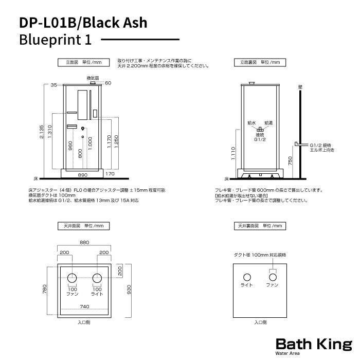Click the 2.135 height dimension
coord(41,132)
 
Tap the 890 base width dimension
coord(82,175)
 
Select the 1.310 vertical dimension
coord(49,132)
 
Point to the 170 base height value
coord(110,174)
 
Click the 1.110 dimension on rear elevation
coord(233,153)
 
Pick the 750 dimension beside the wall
coord(290,160)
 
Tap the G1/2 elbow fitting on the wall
coord(301,144)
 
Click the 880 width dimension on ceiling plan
coord(84,242)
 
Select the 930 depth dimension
coord(129,290)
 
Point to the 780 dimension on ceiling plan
coord(44,289)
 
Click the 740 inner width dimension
coord(84,307)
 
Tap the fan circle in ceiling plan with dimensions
coord(72,278)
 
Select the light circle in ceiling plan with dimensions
coord(97,278)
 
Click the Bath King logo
coord(314,346)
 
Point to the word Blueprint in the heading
coord(50,40)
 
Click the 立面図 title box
coord(83,62)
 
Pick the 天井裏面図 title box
coord(260,226)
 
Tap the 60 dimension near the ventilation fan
coord(108,83)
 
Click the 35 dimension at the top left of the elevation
coord(53,85)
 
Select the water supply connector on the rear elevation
coord(260,129)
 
